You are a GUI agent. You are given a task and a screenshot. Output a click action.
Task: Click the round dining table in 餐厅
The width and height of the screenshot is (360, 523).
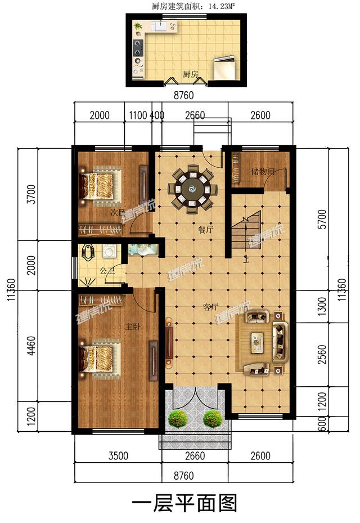(x=192, y=189)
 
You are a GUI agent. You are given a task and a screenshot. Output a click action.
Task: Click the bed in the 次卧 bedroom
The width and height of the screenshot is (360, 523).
(x=102, y=184)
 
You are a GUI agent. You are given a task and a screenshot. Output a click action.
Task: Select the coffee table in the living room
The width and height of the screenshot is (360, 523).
(x=257, y=339)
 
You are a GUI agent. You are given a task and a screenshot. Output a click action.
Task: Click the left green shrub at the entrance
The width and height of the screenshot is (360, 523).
(x=178, y=418)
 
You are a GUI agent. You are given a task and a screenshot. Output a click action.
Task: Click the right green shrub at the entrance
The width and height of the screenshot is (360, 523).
(x=212, y=418)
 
